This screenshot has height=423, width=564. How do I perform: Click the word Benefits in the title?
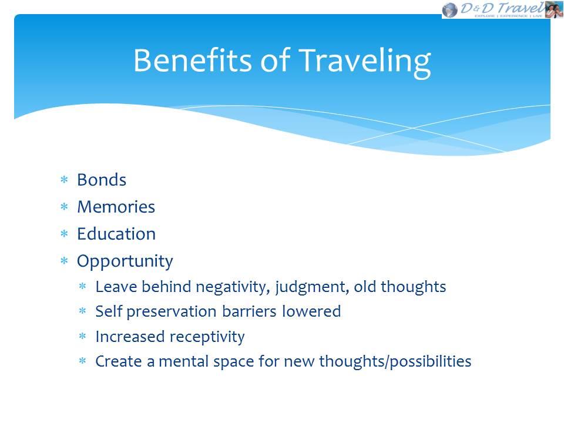click(x=193, y=60)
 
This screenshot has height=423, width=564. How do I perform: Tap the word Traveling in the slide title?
click(x=365, y=63)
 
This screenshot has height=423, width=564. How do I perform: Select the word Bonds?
click(x=102, y=180)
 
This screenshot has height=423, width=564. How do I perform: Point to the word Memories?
click(x=116, y=207)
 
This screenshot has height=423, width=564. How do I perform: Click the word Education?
click(x=116, y=234)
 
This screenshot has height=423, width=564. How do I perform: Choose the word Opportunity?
click(x=125, y=262)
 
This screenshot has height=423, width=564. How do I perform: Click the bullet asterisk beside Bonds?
click(x=65, y=180)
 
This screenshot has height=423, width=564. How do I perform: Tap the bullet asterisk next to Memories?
click(x=65, y=206)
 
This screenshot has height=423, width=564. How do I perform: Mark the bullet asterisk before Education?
click(x=65, y=234)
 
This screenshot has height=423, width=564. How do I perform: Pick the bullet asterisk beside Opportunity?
click(x=65, y=261)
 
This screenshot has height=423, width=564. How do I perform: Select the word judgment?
click(x=312, y=288)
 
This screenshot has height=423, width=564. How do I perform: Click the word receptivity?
click(x=207, y=337)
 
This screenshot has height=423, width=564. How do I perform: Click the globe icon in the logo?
click(x=449, y=10)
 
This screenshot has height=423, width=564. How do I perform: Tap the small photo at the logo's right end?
click(x=554, y=9)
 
